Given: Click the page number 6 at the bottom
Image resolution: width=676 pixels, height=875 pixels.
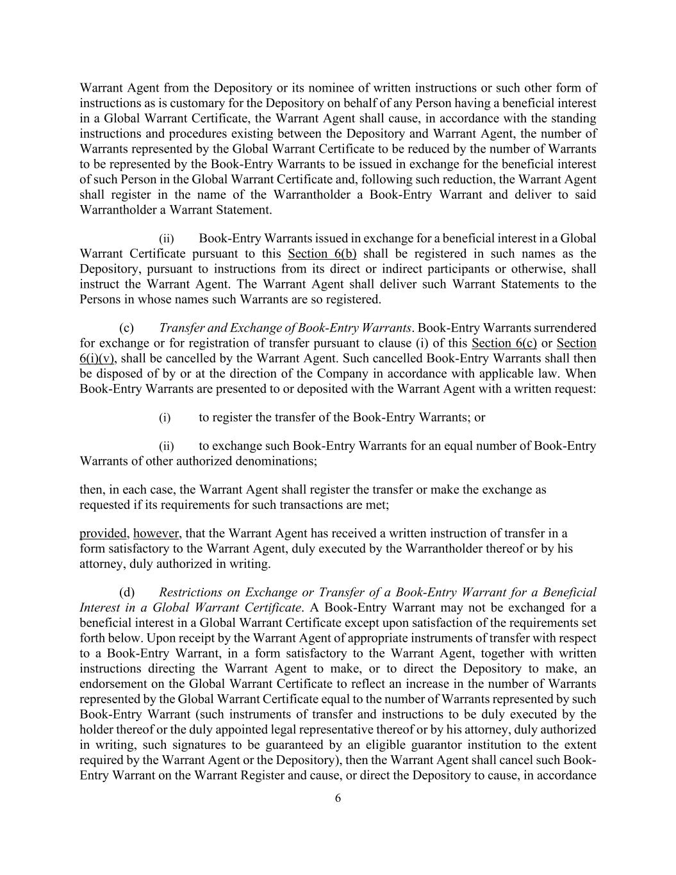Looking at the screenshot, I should [338, 798].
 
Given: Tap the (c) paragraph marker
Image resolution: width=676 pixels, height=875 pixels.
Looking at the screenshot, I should [126, 328].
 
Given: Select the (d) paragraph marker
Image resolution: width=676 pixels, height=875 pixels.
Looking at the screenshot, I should [126, 592].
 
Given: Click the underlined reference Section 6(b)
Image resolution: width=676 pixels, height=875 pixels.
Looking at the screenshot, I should [322, 254].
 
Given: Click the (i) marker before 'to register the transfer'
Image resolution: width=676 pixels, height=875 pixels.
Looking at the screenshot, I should [165, 418].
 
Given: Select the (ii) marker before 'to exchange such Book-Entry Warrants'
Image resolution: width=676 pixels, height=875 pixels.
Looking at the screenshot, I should [166, 446].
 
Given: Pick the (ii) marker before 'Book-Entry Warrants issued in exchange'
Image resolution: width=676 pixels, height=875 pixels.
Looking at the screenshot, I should [166, 238].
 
